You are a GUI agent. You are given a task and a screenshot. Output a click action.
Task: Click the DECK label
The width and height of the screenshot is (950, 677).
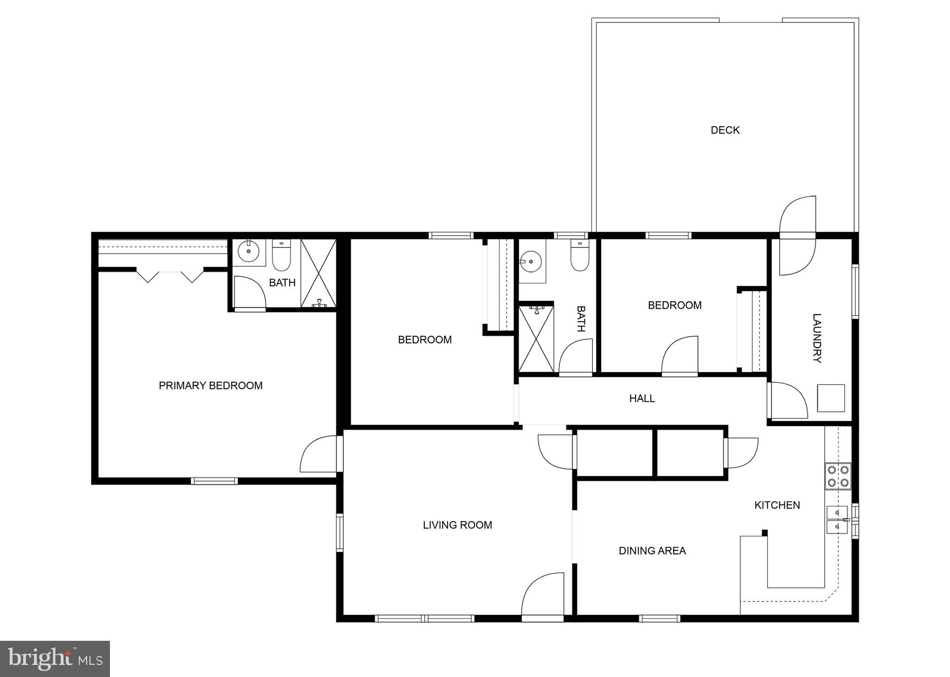[725, 130]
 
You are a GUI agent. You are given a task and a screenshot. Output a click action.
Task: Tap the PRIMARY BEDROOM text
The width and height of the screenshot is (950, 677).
[211, 386]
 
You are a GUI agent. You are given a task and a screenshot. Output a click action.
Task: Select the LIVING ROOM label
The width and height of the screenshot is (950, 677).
[457, 525]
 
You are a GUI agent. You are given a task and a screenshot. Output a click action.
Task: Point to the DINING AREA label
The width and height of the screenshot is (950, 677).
[652, 551]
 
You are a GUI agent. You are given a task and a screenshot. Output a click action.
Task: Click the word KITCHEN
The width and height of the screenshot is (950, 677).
[777, 505]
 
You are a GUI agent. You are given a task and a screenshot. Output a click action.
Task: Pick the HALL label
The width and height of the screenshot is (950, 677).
[642, 398]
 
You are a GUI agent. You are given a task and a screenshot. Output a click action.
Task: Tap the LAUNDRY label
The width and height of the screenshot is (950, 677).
[817, 338]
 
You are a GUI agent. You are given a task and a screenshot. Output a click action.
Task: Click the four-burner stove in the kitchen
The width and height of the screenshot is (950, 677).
[838, 476]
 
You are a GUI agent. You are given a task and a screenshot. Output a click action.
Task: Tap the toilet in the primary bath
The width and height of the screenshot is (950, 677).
[281, 255]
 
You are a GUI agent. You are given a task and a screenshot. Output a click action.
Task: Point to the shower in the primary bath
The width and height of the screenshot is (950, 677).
[318, 274]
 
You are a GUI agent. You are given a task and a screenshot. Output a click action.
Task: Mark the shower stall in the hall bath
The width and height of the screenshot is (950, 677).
[536, 338]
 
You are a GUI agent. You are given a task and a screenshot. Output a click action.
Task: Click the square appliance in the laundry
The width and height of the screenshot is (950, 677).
[830, 398]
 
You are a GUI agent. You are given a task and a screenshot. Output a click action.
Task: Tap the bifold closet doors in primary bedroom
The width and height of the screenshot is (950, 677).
[169, 276]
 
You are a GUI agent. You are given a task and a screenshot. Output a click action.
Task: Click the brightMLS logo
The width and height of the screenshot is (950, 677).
[55, 659]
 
